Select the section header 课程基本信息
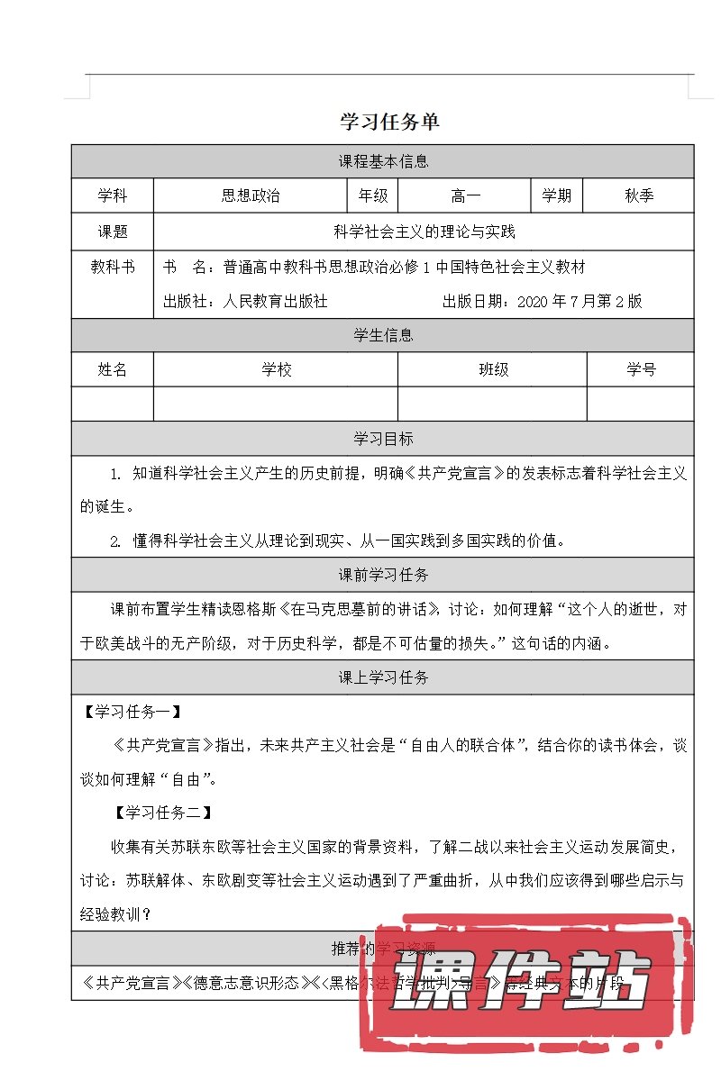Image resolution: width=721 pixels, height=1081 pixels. pyautogui.click(x=383, y=162)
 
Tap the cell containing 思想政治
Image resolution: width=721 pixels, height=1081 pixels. pyautogui.click(x=251, y=195)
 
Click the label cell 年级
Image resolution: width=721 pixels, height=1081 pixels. pyautogui.click(x=373, y=195)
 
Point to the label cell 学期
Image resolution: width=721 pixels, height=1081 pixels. pyautogui.click(x=556, y=195)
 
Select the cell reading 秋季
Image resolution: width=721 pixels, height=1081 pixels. pyautogui.click(x=639, y=195)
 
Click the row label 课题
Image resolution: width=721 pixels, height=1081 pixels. pyautogui.click(x=113, y=232)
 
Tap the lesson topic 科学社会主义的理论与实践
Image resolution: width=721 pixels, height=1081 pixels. pyautogui.click(x=424, y=232)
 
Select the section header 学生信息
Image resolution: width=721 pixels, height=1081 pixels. pyautogui.click(x=383, y=335)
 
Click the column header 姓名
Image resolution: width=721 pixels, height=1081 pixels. pyautogui.click(x=113, y=369)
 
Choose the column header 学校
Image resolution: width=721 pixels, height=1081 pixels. pyautogui.click(x=277, y=369)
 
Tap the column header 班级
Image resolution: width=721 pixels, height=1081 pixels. pyautogui.click(x=493, y=369)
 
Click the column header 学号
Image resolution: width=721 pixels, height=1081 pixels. pyautogui.click(x=641, y=369)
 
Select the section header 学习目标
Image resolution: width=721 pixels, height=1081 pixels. pyautogui.click(x=383, y=439)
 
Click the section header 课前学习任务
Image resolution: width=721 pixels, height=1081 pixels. pyautogui.click(x=383, y=575)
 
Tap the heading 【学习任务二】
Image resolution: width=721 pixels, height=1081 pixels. pyautogui.click(x=163, y=813)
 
